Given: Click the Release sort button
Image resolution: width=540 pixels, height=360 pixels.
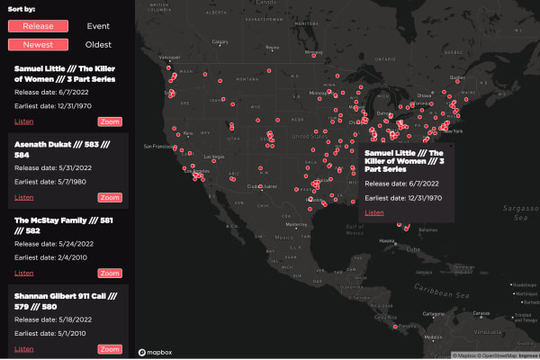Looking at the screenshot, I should [x=38, y=26].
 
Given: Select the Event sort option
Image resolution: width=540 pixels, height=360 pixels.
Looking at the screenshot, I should [x=98, y=26].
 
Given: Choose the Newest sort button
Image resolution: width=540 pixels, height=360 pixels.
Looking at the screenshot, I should [x=38, y=44].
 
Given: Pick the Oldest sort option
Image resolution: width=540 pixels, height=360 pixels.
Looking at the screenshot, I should [x=98, y=44].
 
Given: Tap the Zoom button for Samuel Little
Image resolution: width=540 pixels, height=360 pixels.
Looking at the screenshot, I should [x=110, y=121].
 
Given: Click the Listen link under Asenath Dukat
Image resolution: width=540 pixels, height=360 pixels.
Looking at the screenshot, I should [x=24, y=197].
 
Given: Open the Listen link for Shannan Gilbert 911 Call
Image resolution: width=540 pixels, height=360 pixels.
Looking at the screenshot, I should [x=24, y=348].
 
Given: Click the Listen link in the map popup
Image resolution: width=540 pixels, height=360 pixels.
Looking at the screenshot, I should [x=374, y=212].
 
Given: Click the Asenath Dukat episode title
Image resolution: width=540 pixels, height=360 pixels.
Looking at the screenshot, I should [x=62, y=148].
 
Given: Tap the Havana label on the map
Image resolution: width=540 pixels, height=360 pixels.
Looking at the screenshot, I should [x=387, y=241].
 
